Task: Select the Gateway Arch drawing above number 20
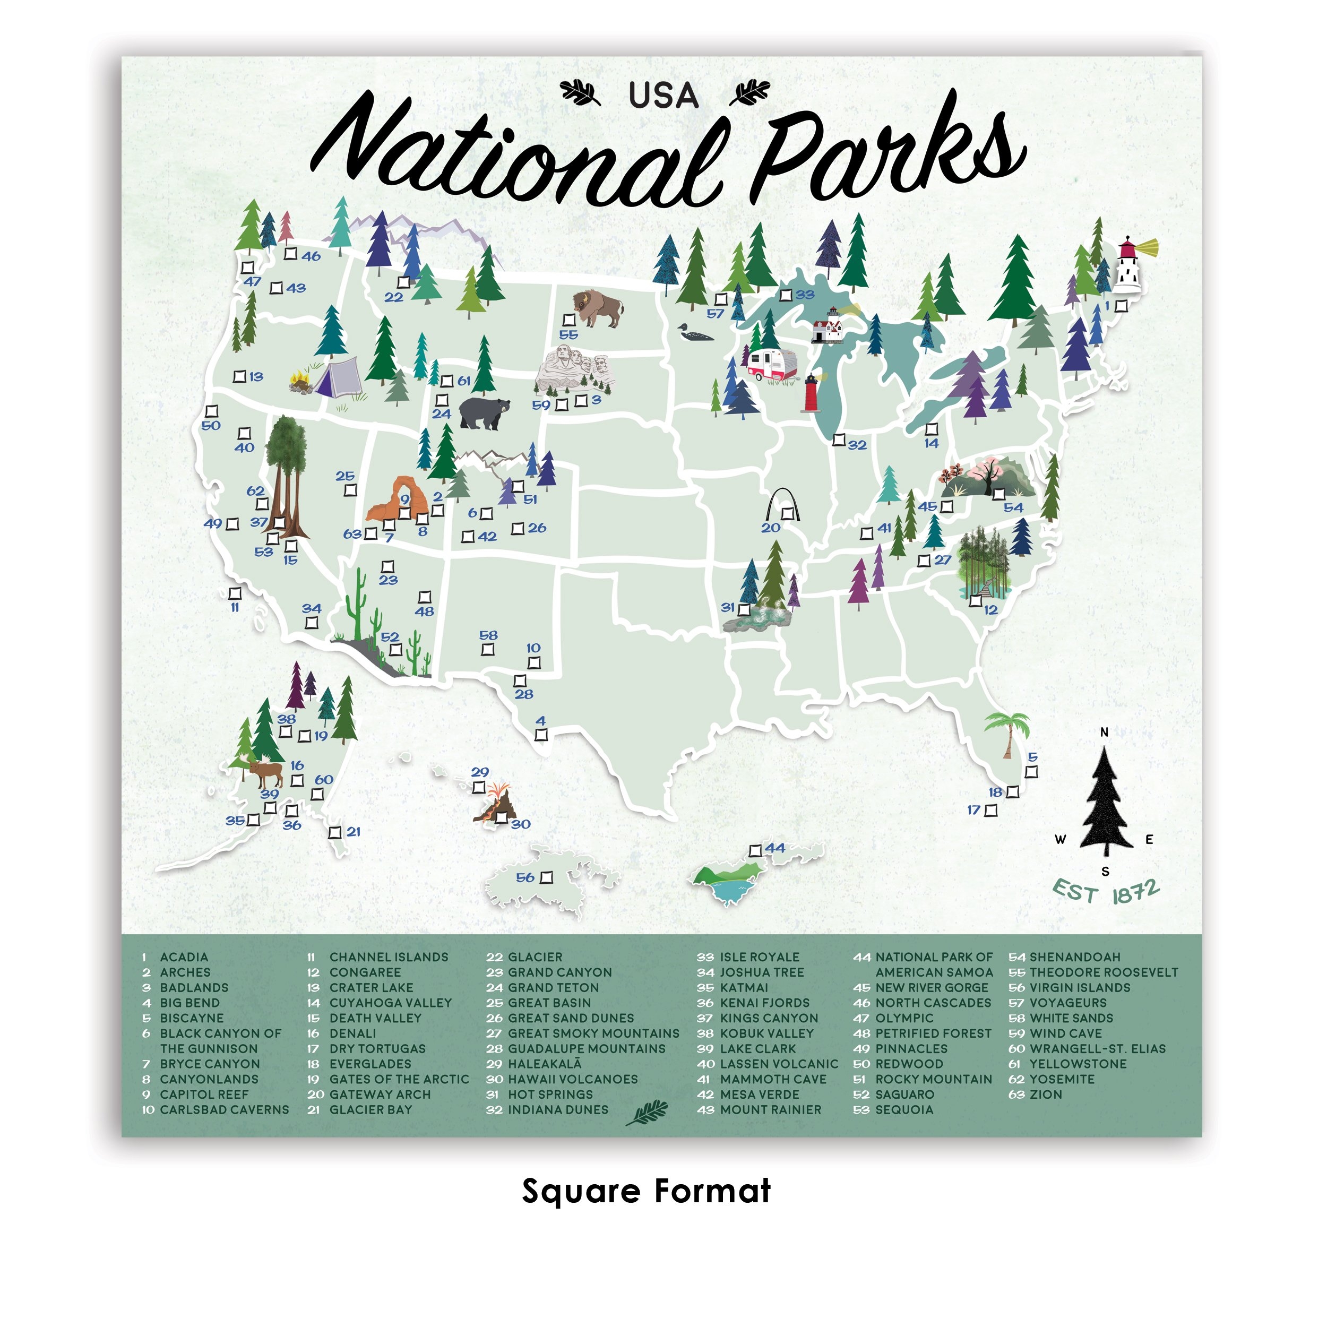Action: [783, 505]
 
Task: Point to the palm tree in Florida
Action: [1007, 732]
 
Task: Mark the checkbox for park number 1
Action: [1121, 306]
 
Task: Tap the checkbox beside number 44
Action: [755, 850]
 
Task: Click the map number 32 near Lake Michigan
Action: [857, 445]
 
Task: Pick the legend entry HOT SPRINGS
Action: [550, 1094]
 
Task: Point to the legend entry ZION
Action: [1045, 1094]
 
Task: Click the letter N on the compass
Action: [1105, 732]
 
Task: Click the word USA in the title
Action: [664, 96]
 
